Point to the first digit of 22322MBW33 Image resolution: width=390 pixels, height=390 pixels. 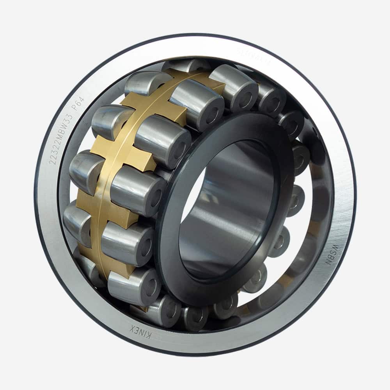click(52, 161)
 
